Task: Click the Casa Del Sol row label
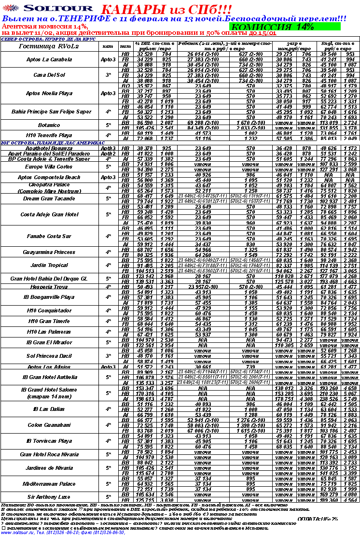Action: pyautogui.click(x=46, y=75)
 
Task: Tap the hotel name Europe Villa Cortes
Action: pyautogui.click(x=46, y=167)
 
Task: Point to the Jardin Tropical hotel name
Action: pyautogui.click(x=49, y=265)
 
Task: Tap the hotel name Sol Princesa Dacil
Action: pyautogui.click(x=49, y=356)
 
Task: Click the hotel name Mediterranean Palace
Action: pyautogui.click(x=49, y=483)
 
